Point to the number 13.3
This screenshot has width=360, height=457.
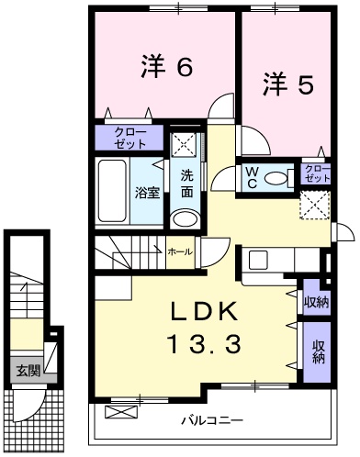204,345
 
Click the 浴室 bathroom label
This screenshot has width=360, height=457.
147,192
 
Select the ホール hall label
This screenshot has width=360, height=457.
180,250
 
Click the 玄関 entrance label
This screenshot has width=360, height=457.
28,371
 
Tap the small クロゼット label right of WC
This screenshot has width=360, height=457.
313,173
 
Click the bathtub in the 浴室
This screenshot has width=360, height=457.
112,191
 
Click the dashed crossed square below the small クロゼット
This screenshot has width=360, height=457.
314,205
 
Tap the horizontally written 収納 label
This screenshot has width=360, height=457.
316,300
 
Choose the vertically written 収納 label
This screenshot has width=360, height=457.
317,352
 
